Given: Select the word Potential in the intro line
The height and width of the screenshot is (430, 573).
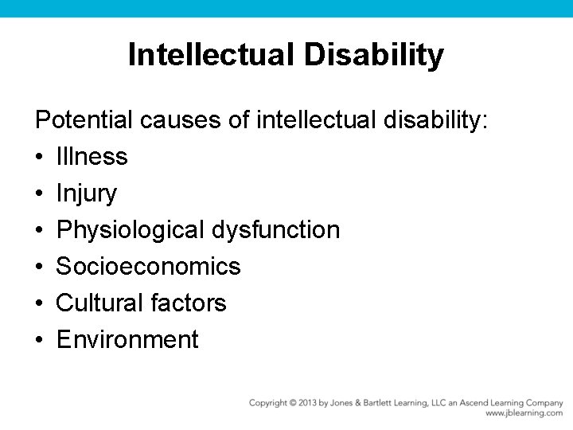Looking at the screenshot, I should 84,120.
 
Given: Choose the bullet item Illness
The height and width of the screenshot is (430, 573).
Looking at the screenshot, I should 92,157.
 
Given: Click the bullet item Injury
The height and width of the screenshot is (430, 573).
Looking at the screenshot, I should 86,193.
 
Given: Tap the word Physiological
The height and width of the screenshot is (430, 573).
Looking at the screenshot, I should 131,230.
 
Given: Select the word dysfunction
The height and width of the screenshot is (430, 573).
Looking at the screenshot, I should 275,230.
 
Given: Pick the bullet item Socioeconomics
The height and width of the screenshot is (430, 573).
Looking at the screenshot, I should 148,267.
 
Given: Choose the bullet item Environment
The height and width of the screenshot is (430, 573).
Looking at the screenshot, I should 127,340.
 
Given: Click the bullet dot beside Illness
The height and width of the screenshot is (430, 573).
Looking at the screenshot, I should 38,157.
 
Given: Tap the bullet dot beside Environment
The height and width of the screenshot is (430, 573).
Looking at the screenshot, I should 38,340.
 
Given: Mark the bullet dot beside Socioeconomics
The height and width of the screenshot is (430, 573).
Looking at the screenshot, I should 38,267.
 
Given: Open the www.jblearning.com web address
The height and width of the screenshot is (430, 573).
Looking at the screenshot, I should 524,414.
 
